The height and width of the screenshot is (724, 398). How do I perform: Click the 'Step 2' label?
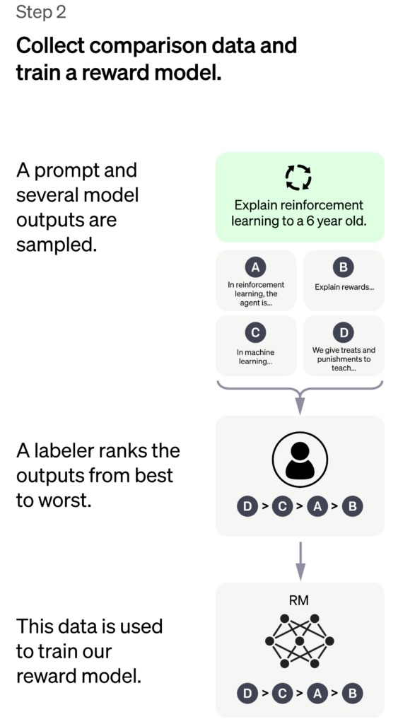(x=41, y=12)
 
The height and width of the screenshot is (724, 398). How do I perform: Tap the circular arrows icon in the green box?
(x=298, y=177)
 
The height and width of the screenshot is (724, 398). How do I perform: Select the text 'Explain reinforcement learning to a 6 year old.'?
(x=299, y=213)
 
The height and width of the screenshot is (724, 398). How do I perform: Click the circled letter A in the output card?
(x=255, y=267)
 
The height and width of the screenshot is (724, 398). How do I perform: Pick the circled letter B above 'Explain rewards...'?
(x=343, y=267)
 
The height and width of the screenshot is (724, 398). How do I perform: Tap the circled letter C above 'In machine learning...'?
(x=255, y=332)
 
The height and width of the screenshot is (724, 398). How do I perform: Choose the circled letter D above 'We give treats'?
(x=343, y=332)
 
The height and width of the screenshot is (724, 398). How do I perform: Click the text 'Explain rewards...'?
(x=344, y=287)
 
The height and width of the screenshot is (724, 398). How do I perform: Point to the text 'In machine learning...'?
(x=255, y=357)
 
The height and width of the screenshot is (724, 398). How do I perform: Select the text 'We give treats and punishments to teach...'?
(x=344, y=359)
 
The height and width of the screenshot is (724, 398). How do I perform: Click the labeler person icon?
(x=300, y=460)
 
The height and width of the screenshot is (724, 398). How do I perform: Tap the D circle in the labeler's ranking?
(x=247, y=506)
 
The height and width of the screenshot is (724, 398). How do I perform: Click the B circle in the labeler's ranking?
(x=352, y=506)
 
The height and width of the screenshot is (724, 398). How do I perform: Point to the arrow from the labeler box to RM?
(x=300, y=561)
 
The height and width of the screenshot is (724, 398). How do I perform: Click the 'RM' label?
(x=299, y=600)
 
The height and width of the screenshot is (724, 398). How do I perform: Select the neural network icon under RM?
(x=299, y=641)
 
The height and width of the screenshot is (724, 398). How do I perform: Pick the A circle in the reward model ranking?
(x=317, y=693)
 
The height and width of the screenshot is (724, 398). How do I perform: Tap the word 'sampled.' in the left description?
(x=57, y=245)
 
